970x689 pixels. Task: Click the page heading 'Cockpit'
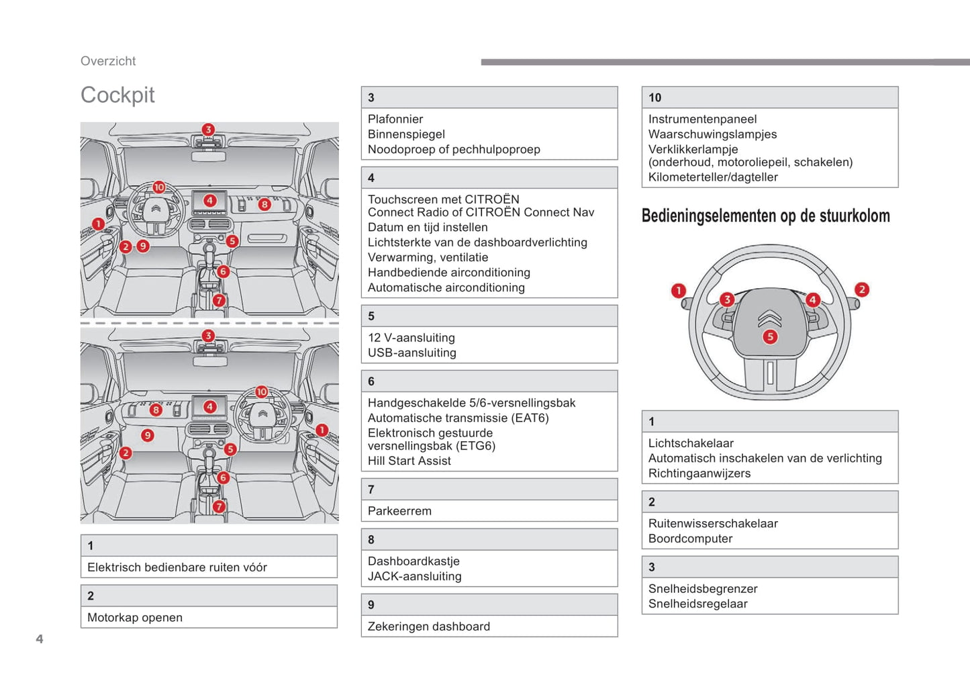click(x=117, y=95)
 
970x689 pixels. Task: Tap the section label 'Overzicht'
click(x=108, y=61)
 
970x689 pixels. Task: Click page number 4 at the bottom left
click(x=40, y=639)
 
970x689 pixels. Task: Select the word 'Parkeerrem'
click(x=399, y=511)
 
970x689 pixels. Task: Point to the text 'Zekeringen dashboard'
click(x=429, y=627)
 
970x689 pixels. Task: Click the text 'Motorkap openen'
click(x=135, y=618)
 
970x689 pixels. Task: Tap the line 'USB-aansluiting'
click(x=412, y=353)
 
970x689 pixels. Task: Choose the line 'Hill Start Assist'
click(x=409, y=461)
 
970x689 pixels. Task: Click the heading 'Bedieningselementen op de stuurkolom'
click(x=766, y=216)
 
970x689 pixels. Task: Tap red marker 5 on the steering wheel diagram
click(x=770, y=337)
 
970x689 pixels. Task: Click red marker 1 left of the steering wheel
click(x=679, y=291)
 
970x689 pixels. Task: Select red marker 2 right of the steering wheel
click(x=862, y=289)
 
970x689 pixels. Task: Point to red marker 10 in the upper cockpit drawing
click(x=159, y=187)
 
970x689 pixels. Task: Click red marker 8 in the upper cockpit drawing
click(x=264, y=204)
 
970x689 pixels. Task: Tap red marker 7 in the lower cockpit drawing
click(x=219, y=506)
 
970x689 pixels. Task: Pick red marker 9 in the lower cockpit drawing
click(x=148, y=435)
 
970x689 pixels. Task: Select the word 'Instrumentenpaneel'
click(x=702, y=120)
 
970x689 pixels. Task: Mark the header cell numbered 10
click(x=769, y=97)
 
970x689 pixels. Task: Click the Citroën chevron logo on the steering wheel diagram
click(x=770, y=318)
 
